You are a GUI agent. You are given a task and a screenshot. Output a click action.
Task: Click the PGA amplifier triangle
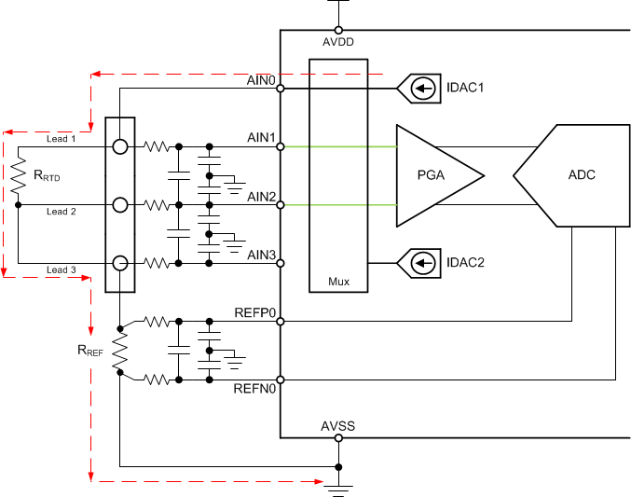point(434,175)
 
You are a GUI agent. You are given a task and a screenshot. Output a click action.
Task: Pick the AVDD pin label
point(337,42)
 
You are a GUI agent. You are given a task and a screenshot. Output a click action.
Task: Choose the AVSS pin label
point(337,426)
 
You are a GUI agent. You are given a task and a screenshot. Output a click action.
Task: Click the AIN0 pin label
point(261,80)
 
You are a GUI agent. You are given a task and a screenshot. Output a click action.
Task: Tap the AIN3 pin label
point(261,255)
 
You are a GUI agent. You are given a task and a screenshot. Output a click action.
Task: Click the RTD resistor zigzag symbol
point(18,175)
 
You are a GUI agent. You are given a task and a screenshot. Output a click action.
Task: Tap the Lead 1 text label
point(61,138)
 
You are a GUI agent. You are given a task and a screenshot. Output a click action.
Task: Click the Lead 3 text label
point(61,270)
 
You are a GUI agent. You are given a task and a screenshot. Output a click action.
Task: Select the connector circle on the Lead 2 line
point(120,204)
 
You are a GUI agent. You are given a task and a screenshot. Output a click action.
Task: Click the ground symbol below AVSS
point(338,487)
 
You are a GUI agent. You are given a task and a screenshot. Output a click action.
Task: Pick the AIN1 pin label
point(261,138)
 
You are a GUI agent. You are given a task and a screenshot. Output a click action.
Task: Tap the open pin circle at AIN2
point(281,204)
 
